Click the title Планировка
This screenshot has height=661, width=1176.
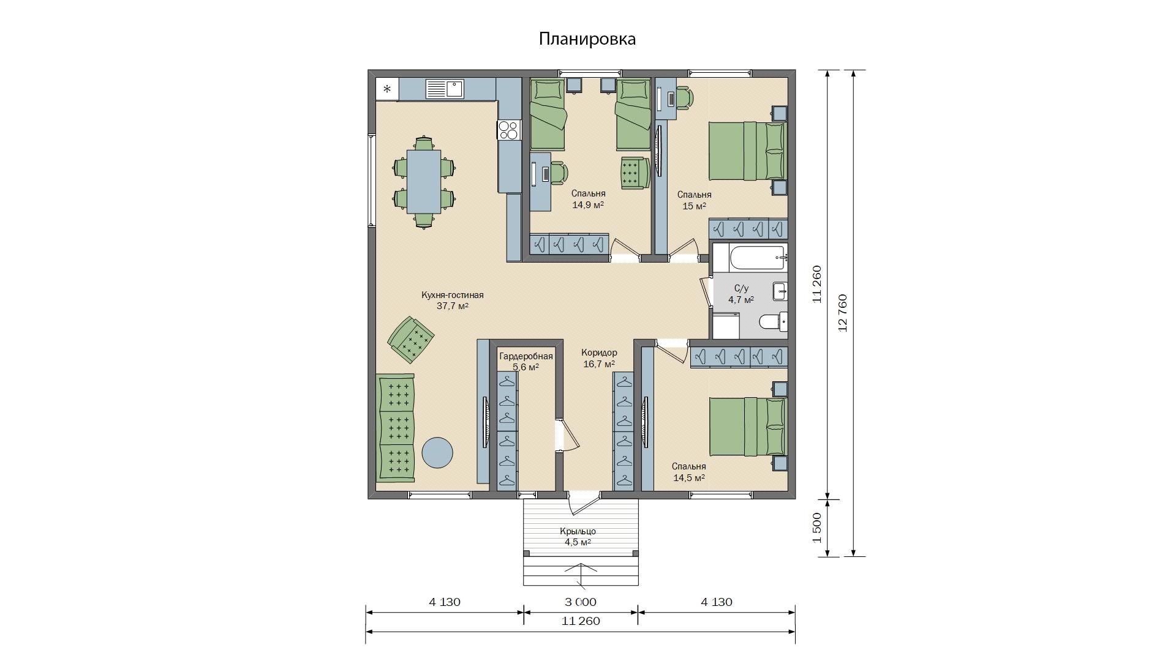587,39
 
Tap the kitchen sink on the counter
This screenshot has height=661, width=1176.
445,89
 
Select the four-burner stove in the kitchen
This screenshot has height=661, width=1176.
508,130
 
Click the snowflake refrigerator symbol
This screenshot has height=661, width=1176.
387,89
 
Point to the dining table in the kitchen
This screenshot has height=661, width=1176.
423,182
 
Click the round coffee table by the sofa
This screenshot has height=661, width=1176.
437,453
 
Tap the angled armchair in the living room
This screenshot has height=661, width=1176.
411,340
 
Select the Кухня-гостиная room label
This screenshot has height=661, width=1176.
453,295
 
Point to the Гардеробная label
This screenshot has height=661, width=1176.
526,357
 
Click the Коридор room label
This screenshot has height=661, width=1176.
599,353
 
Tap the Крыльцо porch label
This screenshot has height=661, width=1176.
578,531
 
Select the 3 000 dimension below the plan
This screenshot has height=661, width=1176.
581,602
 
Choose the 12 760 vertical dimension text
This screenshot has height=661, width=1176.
843,313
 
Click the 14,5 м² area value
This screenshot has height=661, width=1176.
689,478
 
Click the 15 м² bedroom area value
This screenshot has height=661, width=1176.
695,206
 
